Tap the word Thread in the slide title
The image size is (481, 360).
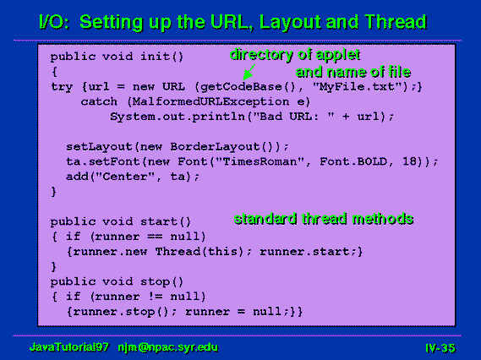point(396,22)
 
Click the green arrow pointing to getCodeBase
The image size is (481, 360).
point(249,73)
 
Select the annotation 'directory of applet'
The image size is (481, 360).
point(295,55)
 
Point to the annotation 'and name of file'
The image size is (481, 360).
point(353,73)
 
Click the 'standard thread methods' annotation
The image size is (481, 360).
point(324,219)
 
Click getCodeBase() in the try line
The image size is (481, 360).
point(247,87)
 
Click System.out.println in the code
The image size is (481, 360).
point(178,117)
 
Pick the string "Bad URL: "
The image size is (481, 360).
point(293,117)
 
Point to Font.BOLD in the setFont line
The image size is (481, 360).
point(353,161)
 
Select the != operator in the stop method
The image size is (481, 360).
point(155,297)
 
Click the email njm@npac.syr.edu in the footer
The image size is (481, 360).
point(168,347)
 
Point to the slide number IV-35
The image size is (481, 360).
point(440,348)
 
